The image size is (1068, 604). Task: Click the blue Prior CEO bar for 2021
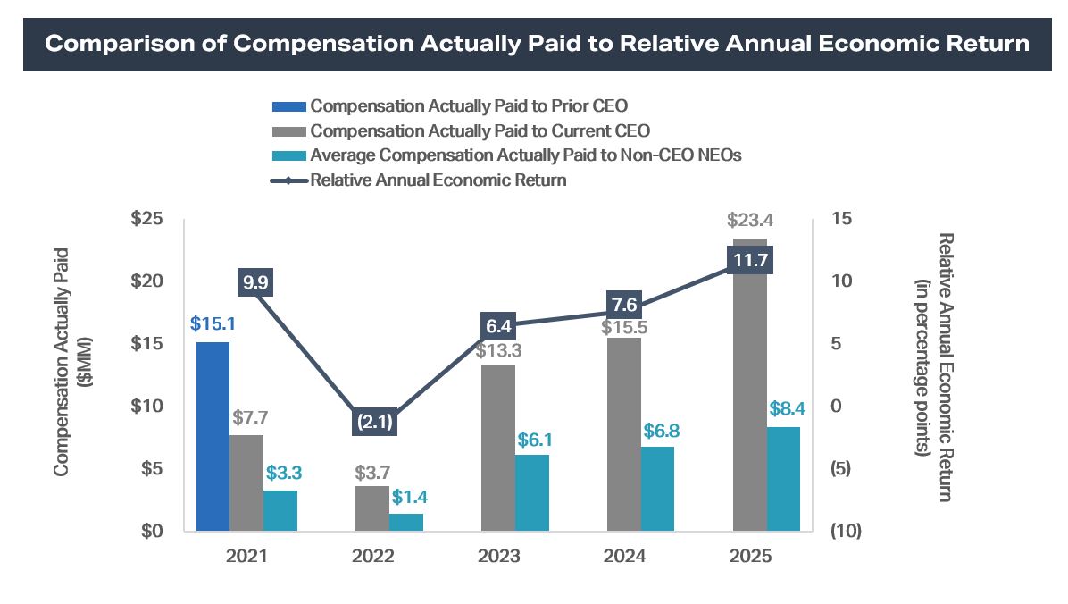[x=213, y=436]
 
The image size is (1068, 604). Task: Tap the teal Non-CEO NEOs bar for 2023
[x=532, y=492]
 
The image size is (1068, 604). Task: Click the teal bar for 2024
[x=658, y=489]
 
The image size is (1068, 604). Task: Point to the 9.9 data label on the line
[x=255, y=284]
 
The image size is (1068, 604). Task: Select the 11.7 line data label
[x=750, y=261]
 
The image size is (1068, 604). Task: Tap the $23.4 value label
[x=750, y=220]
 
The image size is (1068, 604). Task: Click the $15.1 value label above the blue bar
[x=212, y=323]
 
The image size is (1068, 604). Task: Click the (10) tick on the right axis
[x=845, y=532]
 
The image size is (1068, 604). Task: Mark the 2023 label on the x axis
[x=498, y=556]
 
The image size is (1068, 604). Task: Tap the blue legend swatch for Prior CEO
[x=288, y=107]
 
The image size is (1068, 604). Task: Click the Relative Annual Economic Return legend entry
[x=438, y=180]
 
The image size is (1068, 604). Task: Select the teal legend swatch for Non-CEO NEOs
[x=288, y=155]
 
